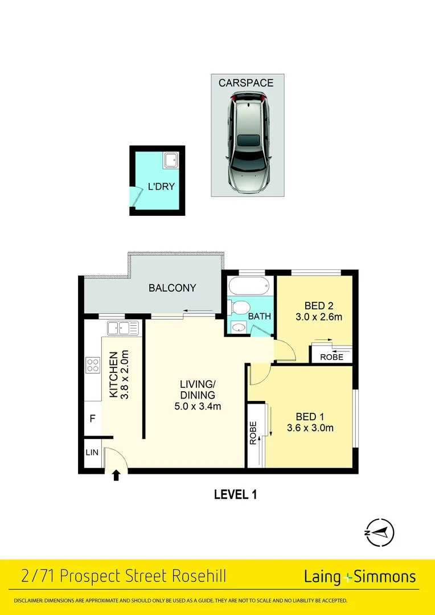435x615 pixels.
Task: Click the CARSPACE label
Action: click(x=246, y=83)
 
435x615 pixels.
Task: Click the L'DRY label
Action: click(x=161, y=186)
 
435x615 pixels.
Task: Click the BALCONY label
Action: click(x=172, y=288)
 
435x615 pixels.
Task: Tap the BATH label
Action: click(x=259, y=317)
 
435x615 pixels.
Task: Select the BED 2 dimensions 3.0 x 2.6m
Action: click(x=318, y=317)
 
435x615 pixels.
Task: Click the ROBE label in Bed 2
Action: click(x=331, y=357)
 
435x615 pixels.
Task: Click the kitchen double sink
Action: click(x=123, y=327)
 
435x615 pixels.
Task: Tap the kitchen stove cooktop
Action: click(x=93, y=364)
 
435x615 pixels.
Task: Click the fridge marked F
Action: click(x=92, y=419)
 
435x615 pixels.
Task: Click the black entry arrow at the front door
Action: click(x=117, y=475)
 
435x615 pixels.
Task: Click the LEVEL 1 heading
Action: click(x=235, y=494)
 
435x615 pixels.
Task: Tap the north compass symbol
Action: click(x=380, y=533)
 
